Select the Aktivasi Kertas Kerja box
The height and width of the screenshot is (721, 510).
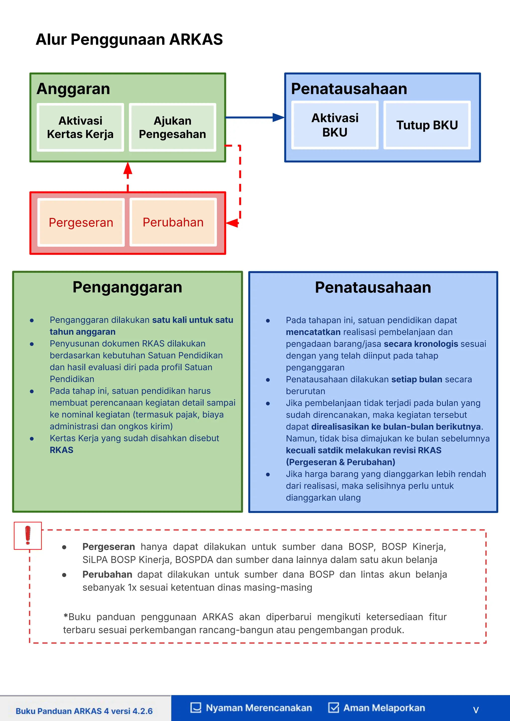coord(80,127)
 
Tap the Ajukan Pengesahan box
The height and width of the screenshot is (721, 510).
coord(172,127)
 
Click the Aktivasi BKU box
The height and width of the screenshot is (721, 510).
coord(335,125)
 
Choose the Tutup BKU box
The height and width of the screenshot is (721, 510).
coord(427,125)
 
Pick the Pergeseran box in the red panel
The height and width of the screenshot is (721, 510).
coord(81,222)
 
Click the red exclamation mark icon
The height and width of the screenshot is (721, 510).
coord(28,535)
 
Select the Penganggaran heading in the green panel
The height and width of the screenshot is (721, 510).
coord(127,287)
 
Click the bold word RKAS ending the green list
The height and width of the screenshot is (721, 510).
coord(62,450)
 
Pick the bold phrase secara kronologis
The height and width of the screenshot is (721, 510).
coord(421,344)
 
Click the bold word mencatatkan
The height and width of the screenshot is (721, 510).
coord(313,332)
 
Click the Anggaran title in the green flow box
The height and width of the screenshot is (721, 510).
coord(73,89)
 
